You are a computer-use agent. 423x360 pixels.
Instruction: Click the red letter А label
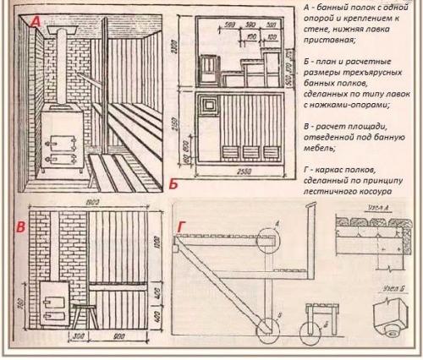[x=33, y=25]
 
